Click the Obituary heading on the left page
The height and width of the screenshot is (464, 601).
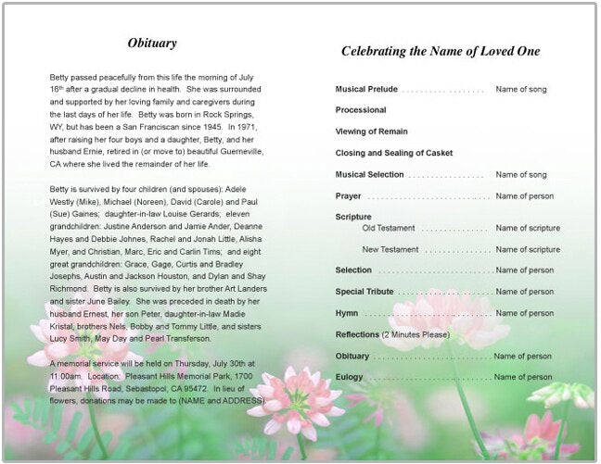point(152,44)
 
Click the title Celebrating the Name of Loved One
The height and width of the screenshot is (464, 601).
point(440,52)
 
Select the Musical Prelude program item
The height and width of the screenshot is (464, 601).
point(366,90)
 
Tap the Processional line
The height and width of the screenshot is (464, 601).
point(361,110)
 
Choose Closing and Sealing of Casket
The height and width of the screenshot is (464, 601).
point(394,153)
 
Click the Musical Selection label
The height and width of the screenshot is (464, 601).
point(369,174)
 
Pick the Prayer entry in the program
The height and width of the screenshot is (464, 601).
point(348,196)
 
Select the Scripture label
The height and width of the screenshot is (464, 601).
point(352,217)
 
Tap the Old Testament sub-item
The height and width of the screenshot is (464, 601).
point(389,228)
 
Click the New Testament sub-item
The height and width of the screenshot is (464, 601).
point(390,249)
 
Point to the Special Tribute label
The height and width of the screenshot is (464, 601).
point(364,292)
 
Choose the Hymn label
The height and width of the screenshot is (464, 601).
point(346,313)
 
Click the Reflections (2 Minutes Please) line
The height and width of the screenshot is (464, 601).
point(392,334)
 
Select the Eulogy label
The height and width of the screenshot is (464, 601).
point(349,377)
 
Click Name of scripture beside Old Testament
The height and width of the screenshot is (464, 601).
point(528,228)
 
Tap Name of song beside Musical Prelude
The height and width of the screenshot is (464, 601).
point(521,90)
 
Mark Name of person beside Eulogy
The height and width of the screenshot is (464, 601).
point(523,377)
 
